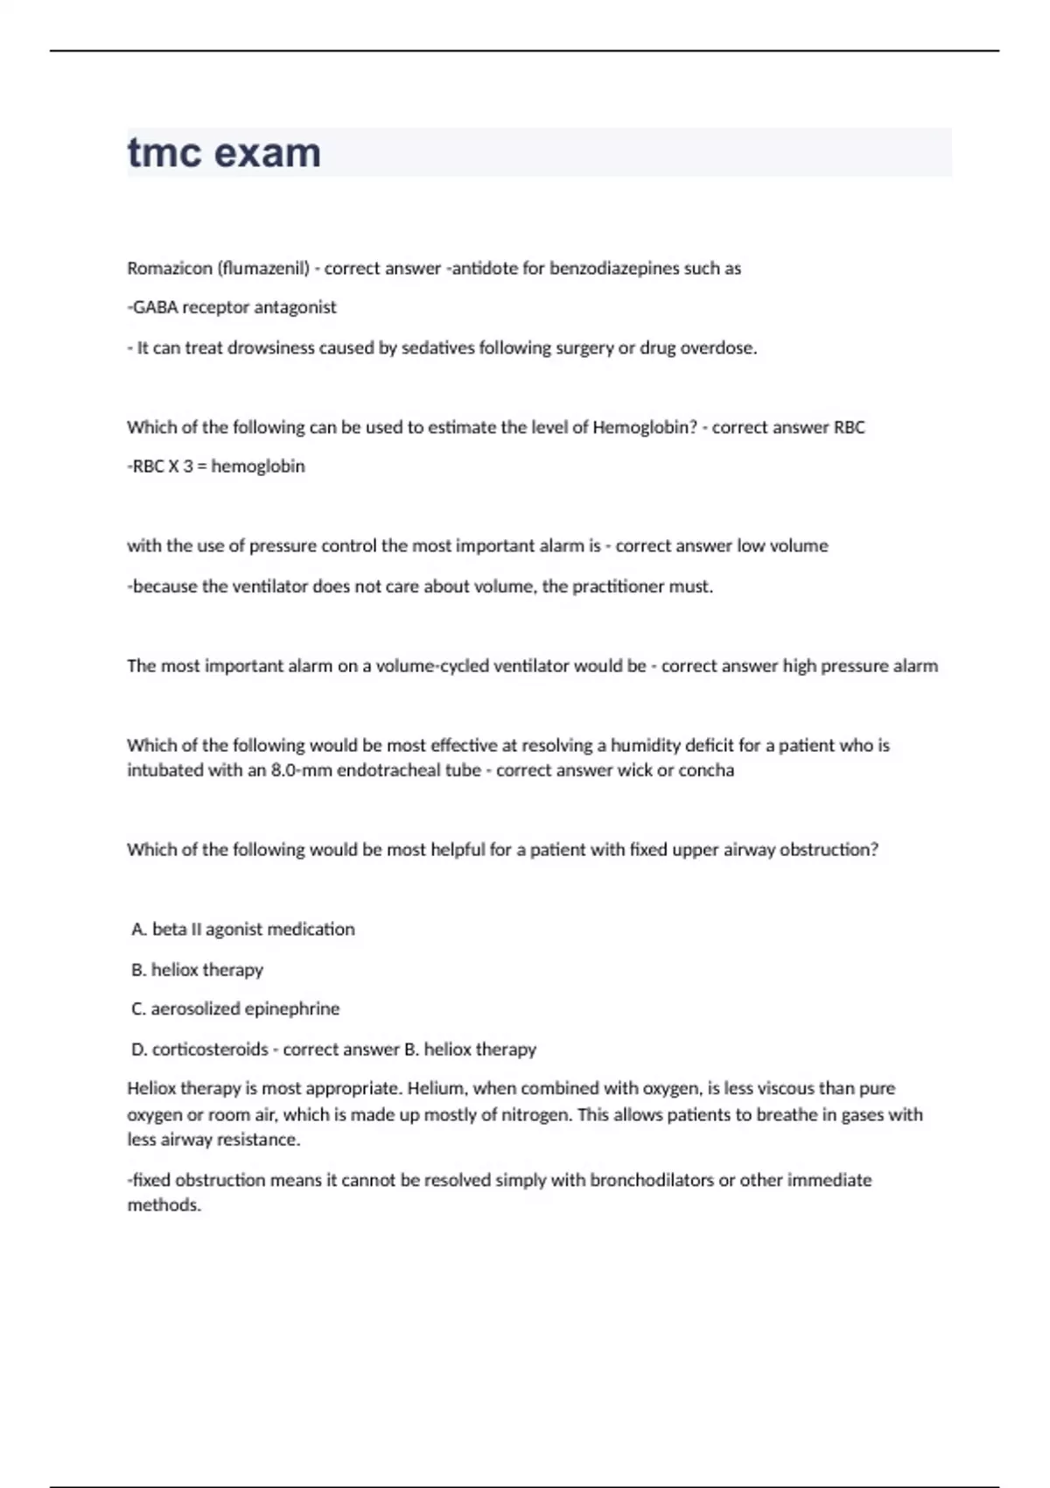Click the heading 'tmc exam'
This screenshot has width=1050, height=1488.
click(x=224, y=153)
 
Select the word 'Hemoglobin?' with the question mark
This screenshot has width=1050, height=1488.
click(x=645, y=428)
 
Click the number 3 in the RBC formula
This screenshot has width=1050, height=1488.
click(x=188, y=467)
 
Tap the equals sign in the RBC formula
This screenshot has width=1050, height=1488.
click(x=202, y=467)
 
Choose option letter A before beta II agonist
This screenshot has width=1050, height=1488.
click(x=138, y=930)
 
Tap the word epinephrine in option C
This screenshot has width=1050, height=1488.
click(x=291, y=1009)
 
